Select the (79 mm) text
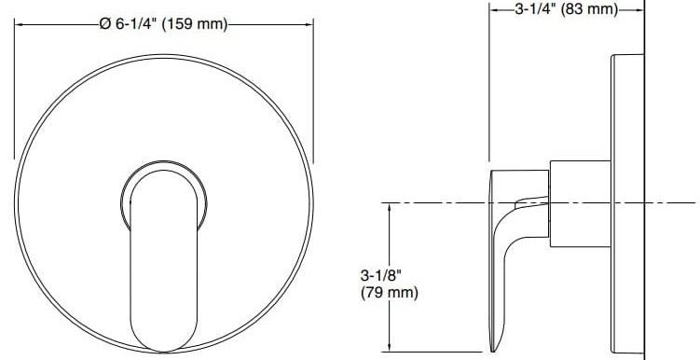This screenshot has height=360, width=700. click(388, 293)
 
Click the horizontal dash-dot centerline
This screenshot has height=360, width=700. click(438, 202)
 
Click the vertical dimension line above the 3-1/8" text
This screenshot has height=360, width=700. click(388, 233)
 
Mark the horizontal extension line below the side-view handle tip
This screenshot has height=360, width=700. click(438, 352)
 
